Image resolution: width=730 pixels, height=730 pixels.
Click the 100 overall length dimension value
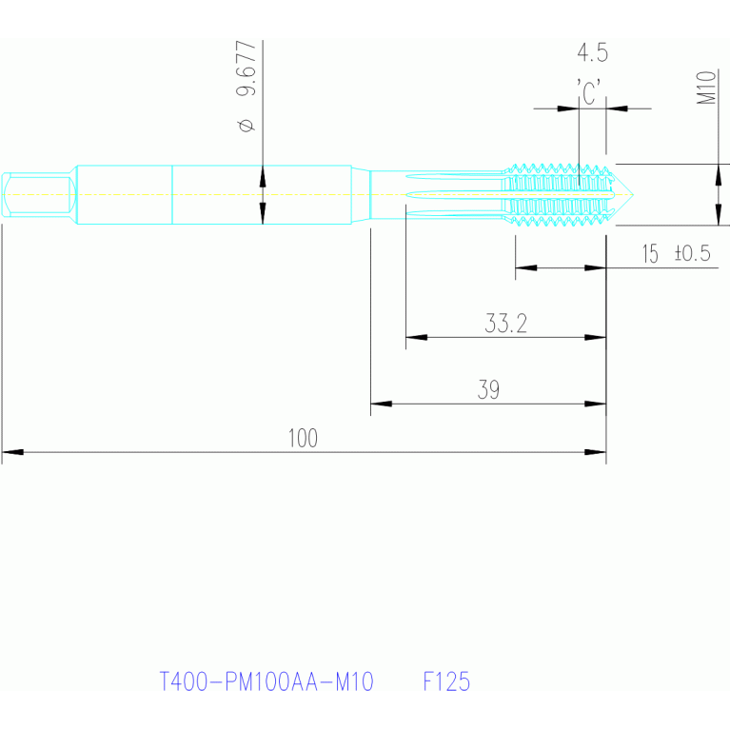(x=303, y=439)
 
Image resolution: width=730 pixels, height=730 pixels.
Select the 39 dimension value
(x=488, y=390)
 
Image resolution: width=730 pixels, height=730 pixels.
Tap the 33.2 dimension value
(x=505, y=324)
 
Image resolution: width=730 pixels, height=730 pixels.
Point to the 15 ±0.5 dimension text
(x=676, y=254)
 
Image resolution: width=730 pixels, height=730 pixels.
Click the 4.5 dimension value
(x=592, y=52)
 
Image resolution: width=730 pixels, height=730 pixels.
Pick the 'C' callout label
(x=590, y=92)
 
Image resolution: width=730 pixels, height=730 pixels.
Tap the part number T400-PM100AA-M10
(x=266, y=681)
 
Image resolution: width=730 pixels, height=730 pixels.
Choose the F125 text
(x=446, y=681)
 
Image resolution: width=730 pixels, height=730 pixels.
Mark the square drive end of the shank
(x=38, y=194)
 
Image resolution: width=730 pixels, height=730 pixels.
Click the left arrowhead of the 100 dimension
(x=12, y=452)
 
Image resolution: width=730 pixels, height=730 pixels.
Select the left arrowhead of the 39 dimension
(x=381, y=404)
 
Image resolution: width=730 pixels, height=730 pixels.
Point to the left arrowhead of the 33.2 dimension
(x=416, y=337)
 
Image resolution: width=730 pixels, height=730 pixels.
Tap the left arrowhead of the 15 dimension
(x=526, y=267)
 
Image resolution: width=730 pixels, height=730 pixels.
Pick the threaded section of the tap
(x=557, y=194)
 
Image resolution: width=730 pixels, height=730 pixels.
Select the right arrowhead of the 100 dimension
(x=596, y=452)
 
